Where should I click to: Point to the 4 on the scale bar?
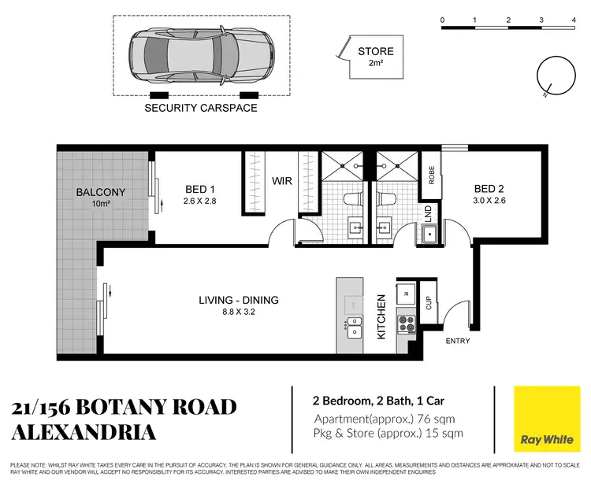pos(572,18)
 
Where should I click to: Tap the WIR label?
pos(282,182)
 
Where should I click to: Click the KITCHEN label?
pos(381,317)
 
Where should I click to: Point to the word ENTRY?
pos(458,341)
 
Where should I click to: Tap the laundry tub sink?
pos(430,234)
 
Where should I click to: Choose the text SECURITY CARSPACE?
pos(200,108)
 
